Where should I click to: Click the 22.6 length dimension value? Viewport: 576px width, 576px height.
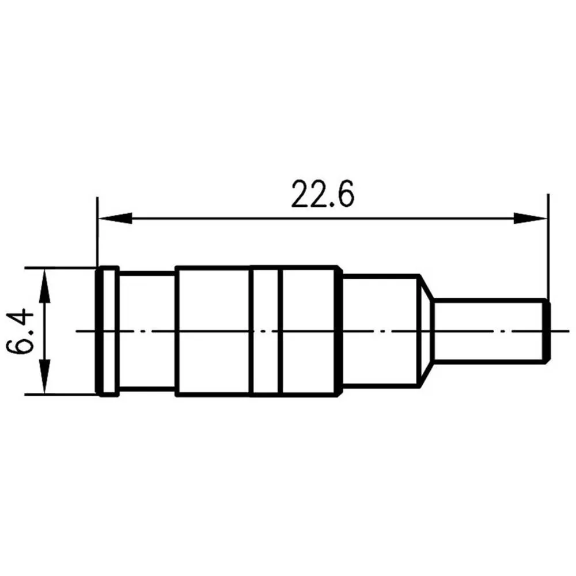(x=323, y=194)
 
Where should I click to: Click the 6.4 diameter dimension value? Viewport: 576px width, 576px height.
(x=20, y=331)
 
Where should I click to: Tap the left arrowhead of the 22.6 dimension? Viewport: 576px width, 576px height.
(x=115, y=218)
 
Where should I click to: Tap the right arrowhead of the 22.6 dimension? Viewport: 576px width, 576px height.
(x=530, y=218)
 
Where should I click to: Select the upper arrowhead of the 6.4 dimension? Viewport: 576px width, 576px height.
(x=44, y=286)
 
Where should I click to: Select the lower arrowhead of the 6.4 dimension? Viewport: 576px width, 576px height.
(x=44, y=377)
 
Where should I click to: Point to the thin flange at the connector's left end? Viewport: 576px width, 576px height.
(x=107, y=331)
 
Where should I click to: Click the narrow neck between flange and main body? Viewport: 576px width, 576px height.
(x=147, y=331)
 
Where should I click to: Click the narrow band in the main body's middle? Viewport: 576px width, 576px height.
(x=267, y=331)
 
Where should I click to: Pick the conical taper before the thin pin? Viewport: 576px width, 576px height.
(x=426, y=331)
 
